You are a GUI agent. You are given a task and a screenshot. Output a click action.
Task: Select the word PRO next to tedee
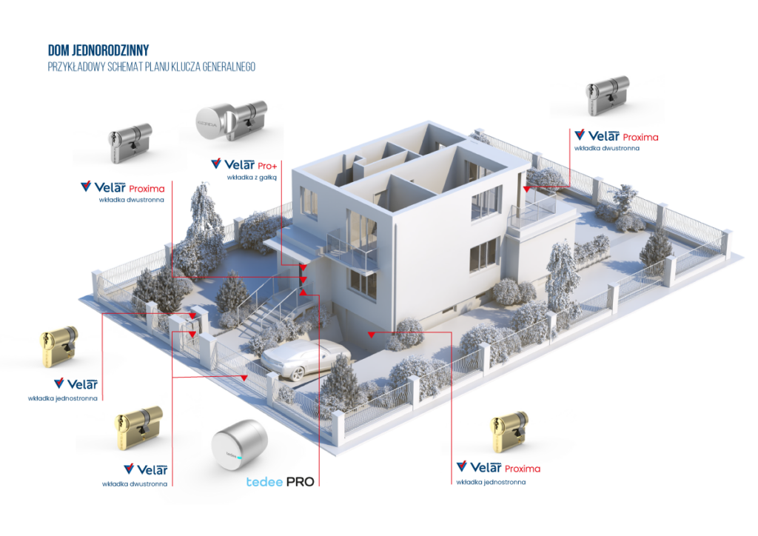pos(300,481)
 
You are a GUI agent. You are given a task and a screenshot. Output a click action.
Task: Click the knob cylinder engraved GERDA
pos(212,121)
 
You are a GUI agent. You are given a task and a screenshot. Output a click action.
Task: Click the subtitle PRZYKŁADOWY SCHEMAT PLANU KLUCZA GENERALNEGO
pos(151,67)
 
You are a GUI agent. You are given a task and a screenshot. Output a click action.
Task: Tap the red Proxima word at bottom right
pos(522,469)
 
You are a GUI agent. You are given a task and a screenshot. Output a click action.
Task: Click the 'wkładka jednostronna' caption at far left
pos(62,398)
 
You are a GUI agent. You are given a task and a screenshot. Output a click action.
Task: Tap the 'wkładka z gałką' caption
pos(241,178)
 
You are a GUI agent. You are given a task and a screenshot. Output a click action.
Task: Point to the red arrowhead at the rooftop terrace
pos(526,190)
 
